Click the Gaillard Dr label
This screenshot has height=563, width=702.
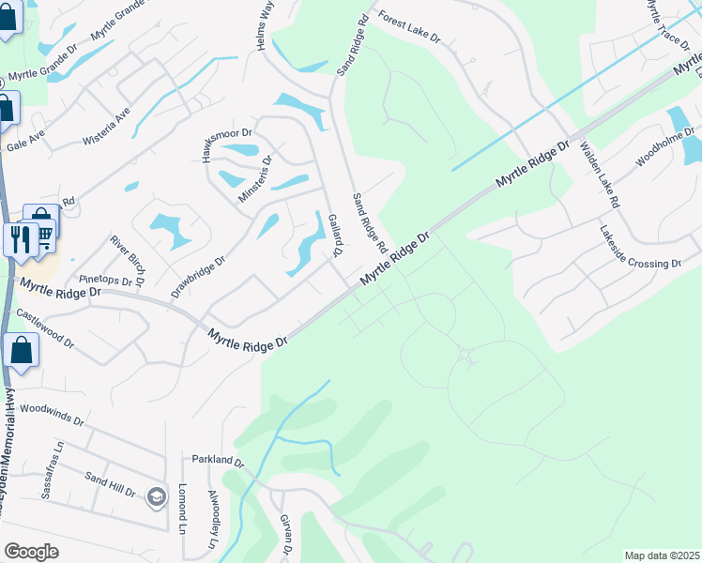click(334, 233)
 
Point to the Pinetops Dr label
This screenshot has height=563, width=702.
click(106, 280)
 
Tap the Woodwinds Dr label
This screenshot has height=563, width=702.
click(52, 409)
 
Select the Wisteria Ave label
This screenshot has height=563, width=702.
click(123, 121)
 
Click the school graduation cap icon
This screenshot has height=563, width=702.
click(157, 496)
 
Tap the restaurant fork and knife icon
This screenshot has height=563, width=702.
click(19, 238)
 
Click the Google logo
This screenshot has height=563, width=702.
click(31, 552)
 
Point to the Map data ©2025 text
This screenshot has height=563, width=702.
click(663, 555)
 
